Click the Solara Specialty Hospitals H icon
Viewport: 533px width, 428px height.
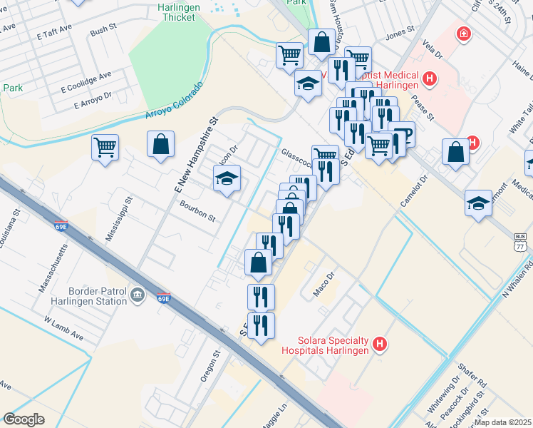[381, 345]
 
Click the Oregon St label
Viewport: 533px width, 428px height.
[209, 366]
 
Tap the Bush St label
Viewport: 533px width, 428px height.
[103, 31]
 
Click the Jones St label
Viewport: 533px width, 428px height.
[399, 34]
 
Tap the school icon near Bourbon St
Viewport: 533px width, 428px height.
[227, 178]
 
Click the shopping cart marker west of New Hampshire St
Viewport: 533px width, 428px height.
[105, 148]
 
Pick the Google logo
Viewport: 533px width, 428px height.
[24, 419]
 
